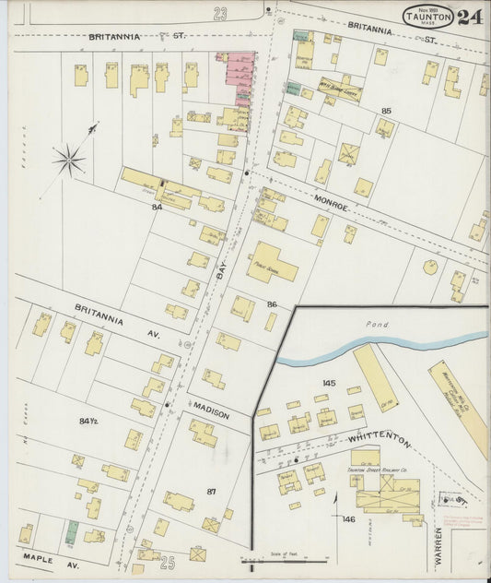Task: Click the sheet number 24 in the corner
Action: tap(469, 17)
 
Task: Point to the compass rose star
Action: tap(68, 161)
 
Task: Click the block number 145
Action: tap(329, 382)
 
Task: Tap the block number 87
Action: tap(211, 492)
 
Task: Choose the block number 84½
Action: tap(88, 422)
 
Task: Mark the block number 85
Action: tap(386, 111)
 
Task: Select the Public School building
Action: tap(271, 263)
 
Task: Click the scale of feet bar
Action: tap(286, 559)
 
